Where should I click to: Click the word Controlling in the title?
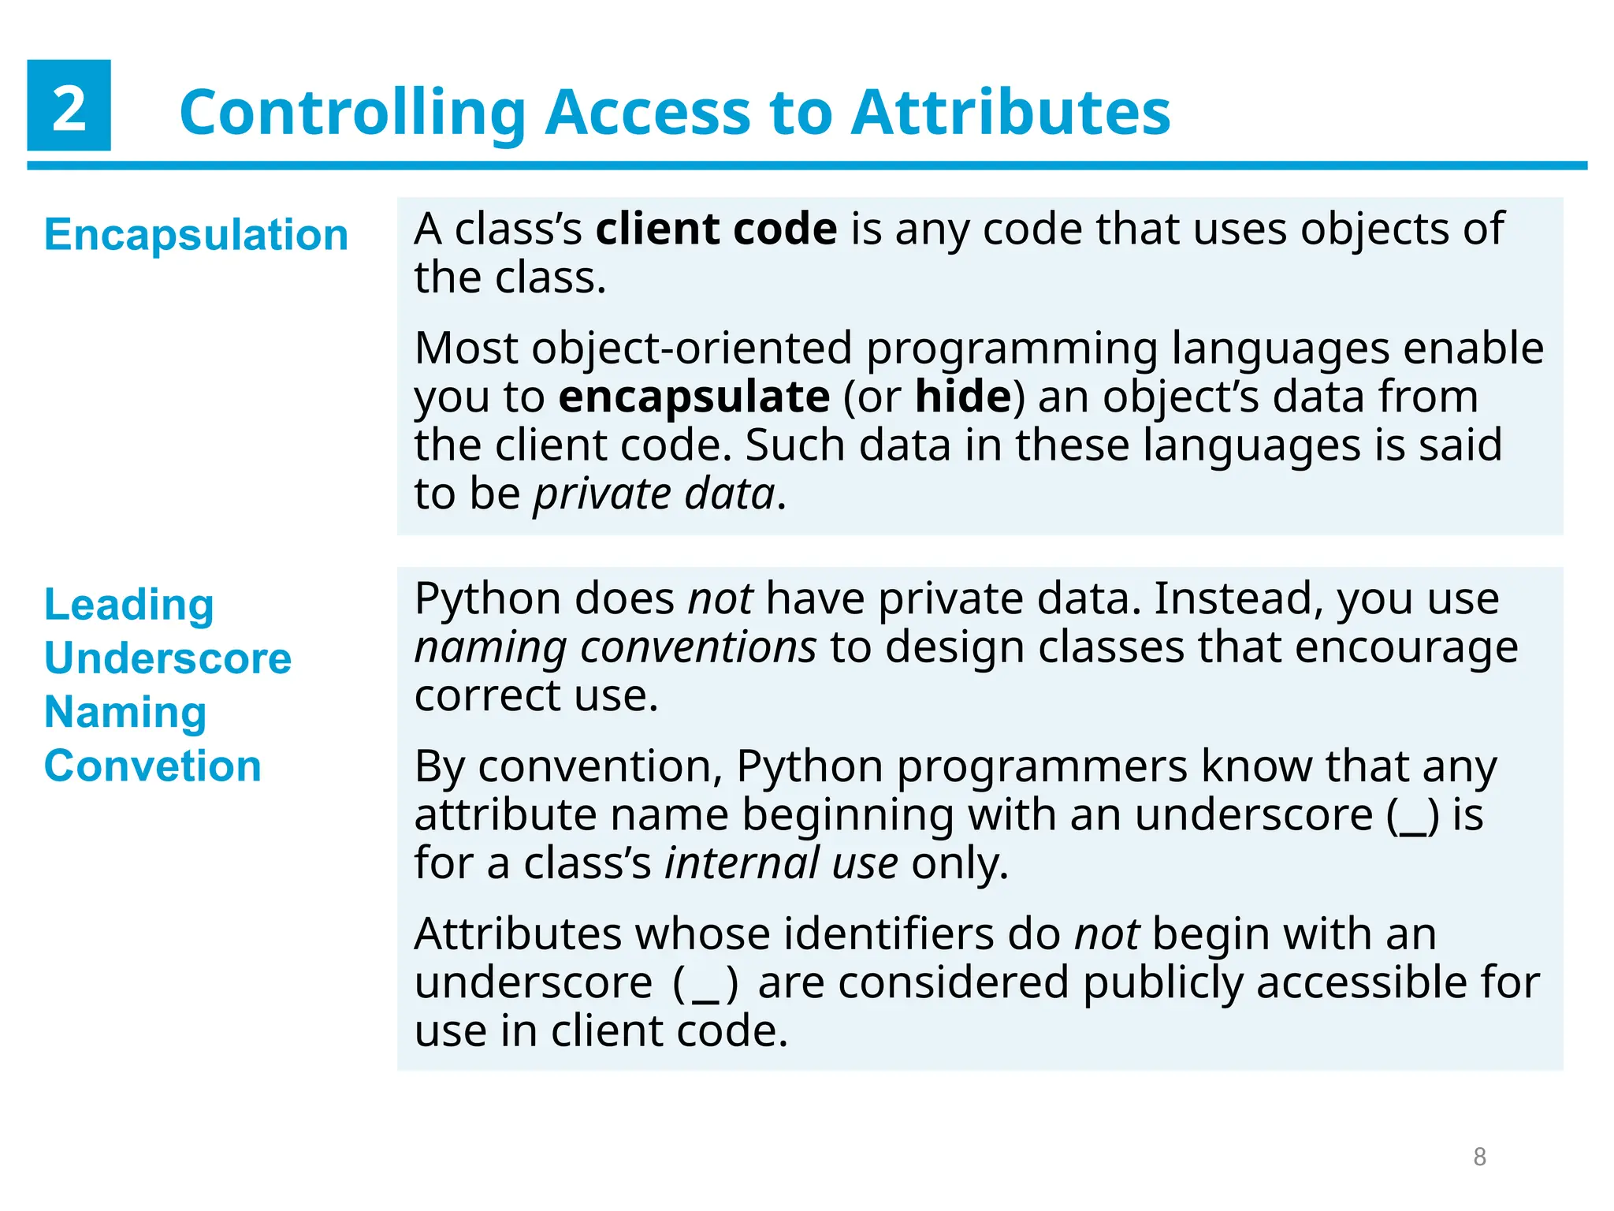(x=352, y=113)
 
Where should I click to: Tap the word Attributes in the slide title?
(x=1010, y=113)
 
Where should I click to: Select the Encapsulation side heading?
(x=196, y=235)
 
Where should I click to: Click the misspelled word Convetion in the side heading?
(x=153, y=766)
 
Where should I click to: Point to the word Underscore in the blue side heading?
(x=168, y=658)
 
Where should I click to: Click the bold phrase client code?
(x=716, y=229)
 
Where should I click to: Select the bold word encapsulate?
(x=694, y=397)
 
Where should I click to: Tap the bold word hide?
(x=962, y=397)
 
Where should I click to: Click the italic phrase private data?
(x=654, y=494)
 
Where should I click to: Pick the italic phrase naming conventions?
(x=615, y=648)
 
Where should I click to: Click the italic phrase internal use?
(x=780, y=863)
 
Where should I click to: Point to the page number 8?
(x=1479, y=1157)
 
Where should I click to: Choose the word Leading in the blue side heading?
(x=129, y=605)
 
